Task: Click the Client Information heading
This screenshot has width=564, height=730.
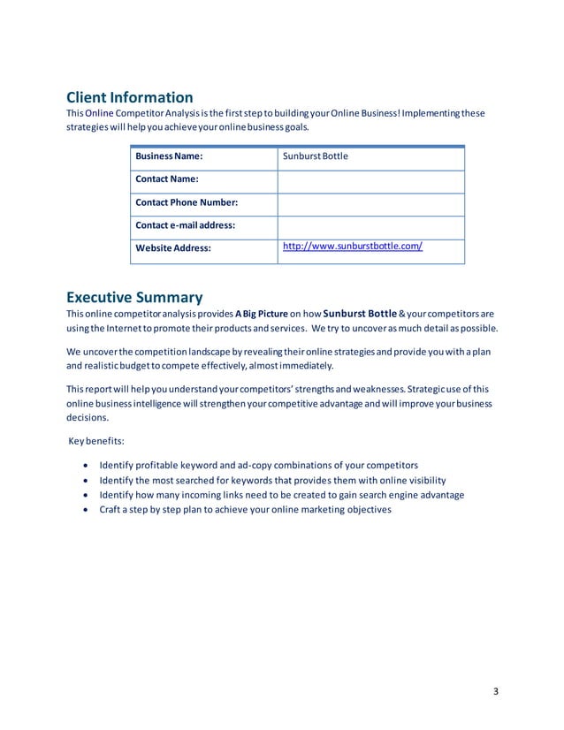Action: pyautogui.click(x=130, y=97)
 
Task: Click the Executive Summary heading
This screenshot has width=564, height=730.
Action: pyautogui.click(x=134, y=298)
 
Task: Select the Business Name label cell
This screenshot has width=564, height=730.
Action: pyautogui.click(x=168, y=156)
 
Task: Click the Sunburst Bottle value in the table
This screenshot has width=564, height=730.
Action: pyautogui.click(x=315, y=156)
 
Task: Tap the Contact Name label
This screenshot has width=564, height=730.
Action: pyautogui.click(x=166, y=179)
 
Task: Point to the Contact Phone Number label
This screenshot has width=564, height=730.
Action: pyautogui.click(x=187, y=202)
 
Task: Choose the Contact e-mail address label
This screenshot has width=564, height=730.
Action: pyautogui.click(x=185, y=225)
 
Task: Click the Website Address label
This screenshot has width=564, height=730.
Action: pyautogui.click(x=172, y=248)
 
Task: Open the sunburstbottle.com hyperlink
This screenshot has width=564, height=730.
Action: pyautogui.click(x=352, y=247)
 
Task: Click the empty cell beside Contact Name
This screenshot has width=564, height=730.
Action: pyautogui.click(x=370, y=180)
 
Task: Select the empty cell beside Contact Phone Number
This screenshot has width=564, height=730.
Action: pyautogui.click(x=370, y=203)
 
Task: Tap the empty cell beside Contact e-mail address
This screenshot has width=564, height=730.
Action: pyautogui.click(x=370, y=226)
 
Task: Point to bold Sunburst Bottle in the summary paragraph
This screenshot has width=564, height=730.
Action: pyautogui.click(x=360, y=313)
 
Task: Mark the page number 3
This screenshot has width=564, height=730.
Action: pyautogui.click(x=496, y=690)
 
